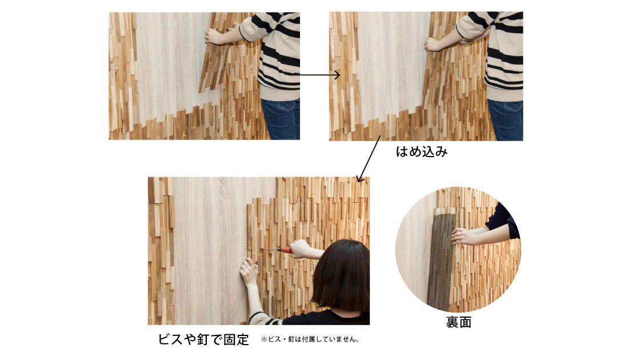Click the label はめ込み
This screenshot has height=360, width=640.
[x=422, y=152]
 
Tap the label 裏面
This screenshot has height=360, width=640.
[x=458, y=322]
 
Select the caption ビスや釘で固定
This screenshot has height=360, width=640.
[x=203, y=339]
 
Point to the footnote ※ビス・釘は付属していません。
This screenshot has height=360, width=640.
[x=310, y=339]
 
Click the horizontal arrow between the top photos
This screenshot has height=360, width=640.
[x=319, y=75]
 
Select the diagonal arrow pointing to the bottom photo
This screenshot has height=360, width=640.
[x=369, y=159]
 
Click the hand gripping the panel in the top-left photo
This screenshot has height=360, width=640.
[x=215, y=36]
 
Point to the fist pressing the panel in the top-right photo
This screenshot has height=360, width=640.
[x=434, y=43]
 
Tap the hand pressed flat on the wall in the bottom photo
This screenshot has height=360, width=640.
[x=249, y=271]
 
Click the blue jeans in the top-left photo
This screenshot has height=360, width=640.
[x=281, y=119]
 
